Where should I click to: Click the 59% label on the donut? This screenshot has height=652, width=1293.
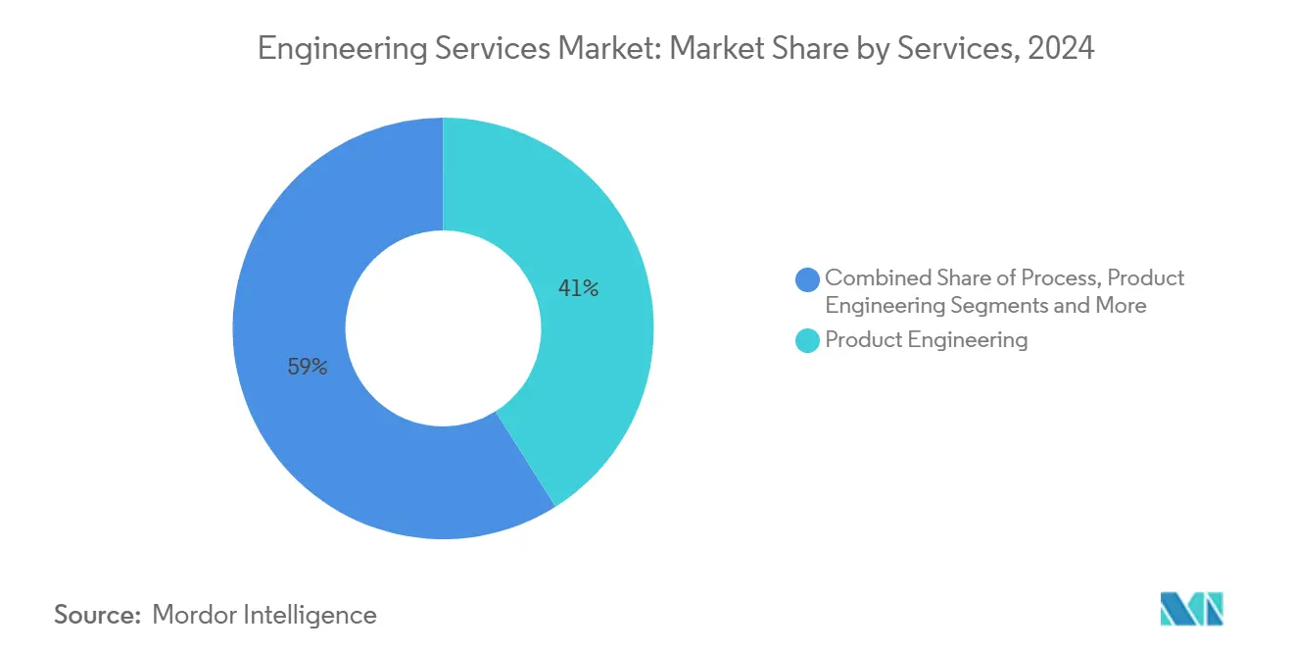307,368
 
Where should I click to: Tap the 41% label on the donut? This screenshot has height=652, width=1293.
578,288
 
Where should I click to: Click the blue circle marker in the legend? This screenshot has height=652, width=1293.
808,279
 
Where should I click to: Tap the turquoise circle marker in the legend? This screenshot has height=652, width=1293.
808,341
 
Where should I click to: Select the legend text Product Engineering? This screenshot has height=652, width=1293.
926,340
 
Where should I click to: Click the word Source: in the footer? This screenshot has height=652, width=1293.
98,615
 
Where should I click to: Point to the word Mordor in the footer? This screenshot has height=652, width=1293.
194,615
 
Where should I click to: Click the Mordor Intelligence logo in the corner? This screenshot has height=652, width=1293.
1191,609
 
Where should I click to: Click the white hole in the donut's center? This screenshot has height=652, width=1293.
443,328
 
